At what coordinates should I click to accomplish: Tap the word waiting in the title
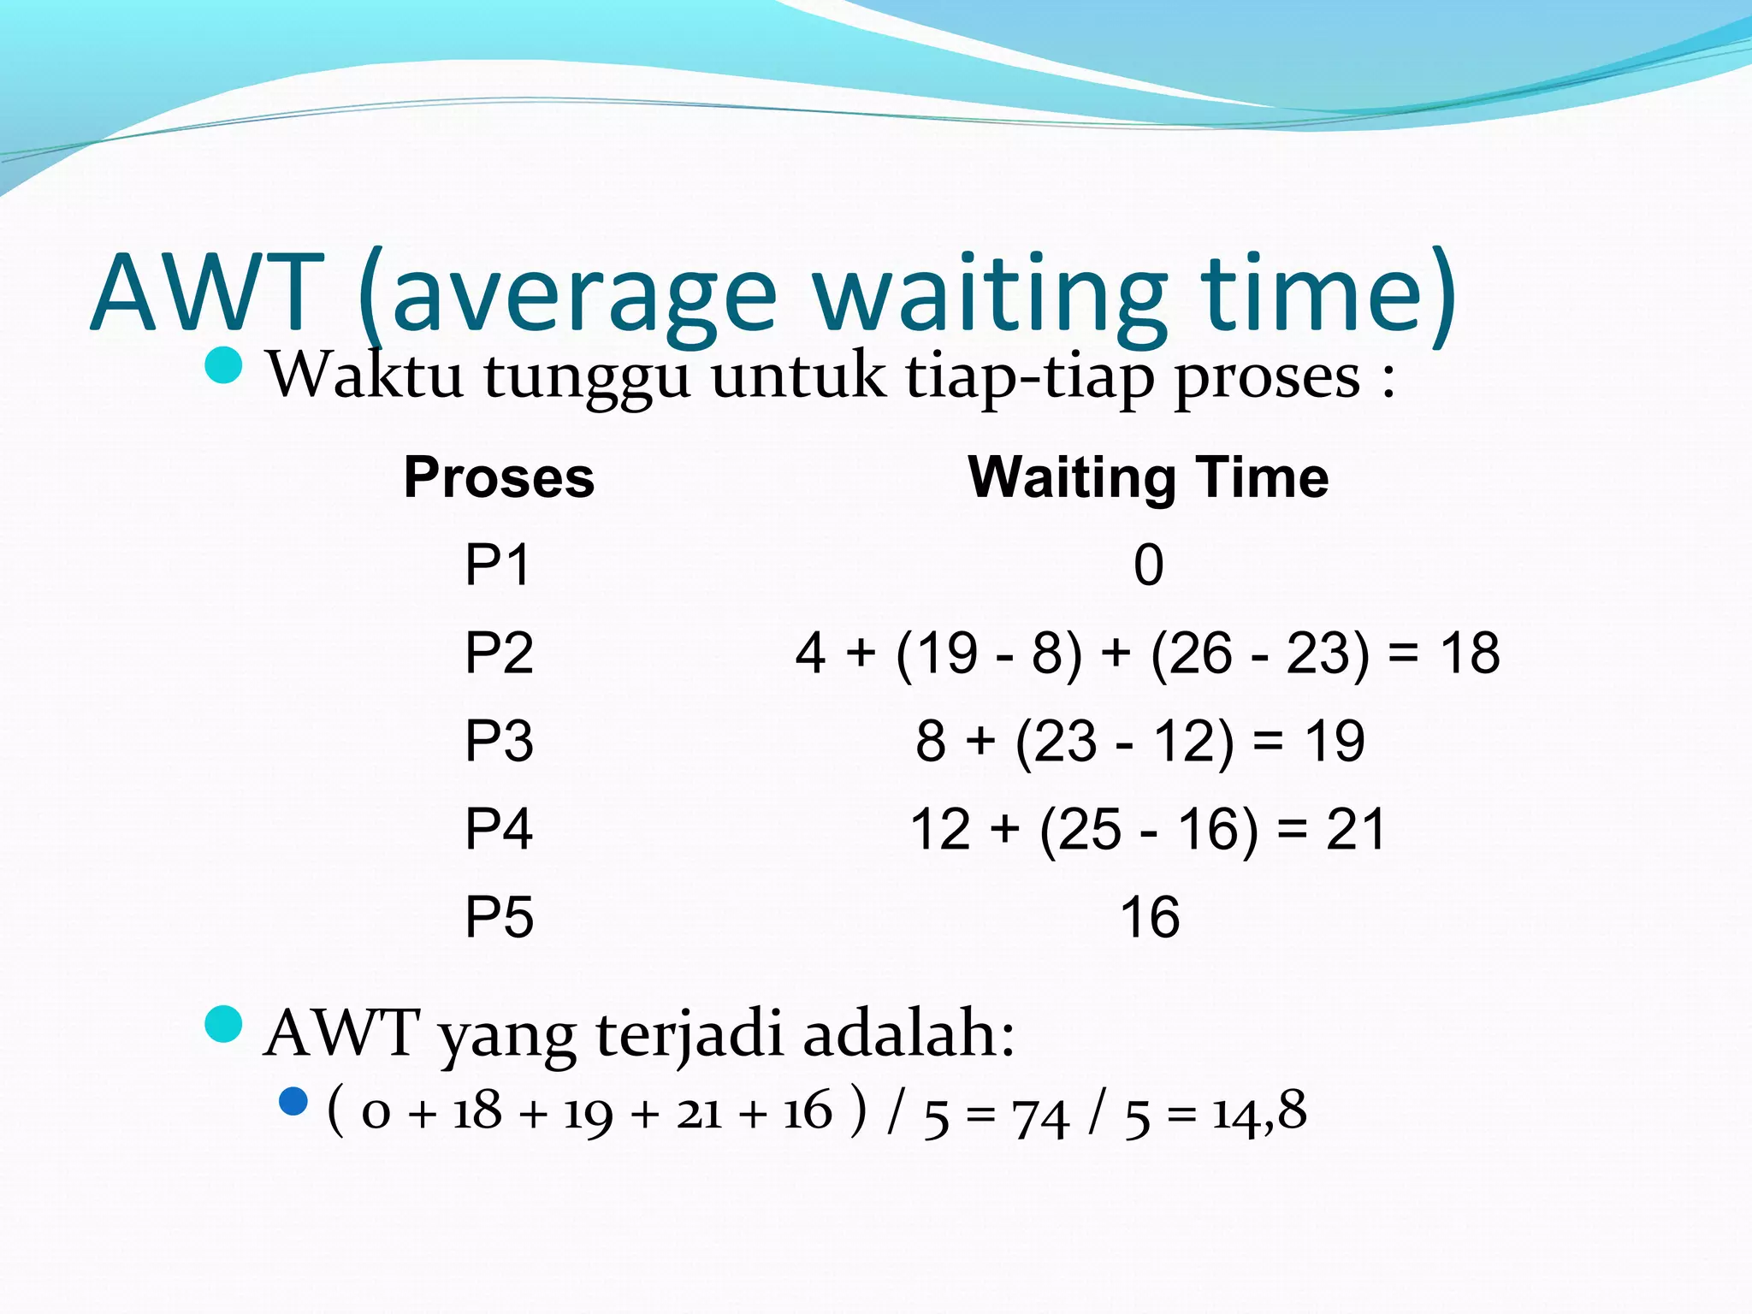988,295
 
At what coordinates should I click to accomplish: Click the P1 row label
498,565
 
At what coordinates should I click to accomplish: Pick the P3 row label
499,740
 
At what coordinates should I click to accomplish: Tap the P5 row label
499,916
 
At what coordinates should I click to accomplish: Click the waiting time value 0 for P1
1148,565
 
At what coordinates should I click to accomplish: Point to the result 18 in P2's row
1469,653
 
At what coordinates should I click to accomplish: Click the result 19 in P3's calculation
1334,741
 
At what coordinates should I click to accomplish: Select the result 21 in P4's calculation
1355,829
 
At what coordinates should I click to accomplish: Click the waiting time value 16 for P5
1149,917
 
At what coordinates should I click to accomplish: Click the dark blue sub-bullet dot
293,1101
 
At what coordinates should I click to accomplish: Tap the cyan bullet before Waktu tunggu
224,365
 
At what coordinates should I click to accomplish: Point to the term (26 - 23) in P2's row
1259,653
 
